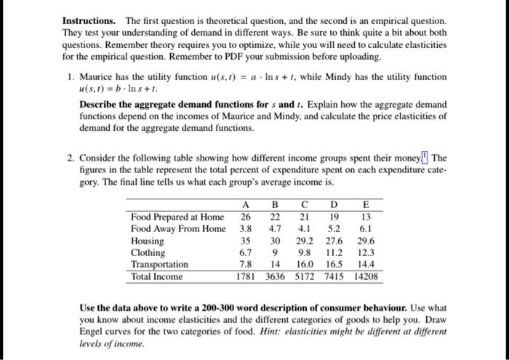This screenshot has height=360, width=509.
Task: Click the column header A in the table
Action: point(246,205)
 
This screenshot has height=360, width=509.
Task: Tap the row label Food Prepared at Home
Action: point(177,216)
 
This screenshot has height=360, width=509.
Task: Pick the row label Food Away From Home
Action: point(178,228)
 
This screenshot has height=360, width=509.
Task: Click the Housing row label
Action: point(147,241)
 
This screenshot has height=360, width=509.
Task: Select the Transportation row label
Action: point(159,264)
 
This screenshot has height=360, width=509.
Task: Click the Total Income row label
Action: point(157,276)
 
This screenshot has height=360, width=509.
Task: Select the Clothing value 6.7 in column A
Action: point(246,252)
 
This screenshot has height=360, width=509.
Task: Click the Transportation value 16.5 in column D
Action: point(334,264)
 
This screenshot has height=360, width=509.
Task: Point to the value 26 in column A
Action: point(246,216)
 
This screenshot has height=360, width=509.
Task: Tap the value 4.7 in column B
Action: point(275,228)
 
